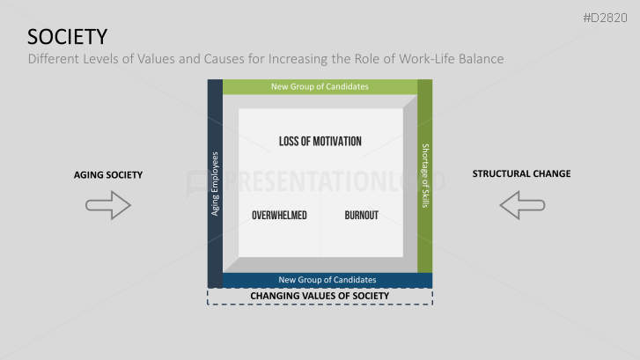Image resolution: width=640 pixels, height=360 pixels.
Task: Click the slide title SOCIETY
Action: click(68, 36)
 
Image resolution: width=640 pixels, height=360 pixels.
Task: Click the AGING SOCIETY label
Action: click(108, 174)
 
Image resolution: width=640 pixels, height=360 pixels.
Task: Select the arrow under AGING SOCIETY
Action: click(108, 206)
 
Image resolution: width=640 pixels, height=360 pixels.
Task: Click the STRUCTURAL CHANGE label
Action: click(521, 173)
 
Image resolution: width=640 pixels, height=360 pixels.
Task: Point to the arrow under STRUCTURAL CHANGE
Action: click(521, 206)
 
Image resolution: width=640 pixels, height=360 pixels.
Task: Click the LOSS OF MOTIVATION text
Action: click(320, 141)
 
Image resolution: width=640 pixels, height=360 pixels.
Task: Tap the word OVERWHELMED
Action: click(279, 215)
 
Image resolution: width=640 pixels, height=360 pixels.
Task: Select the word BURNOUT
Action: click(361, 215)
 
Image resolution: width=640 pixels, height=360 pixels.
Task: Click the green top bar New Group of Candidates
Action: click(320, 86)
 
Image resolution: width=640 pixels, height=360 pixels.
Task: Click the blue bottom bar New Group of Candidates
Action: click(327, 280)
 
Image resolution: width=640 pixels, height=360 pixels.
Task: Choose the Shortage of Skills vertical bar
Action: click(424, 176)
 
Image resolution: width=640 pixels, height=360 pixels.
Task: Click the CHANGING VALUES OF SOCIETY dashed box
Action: click(320, 296)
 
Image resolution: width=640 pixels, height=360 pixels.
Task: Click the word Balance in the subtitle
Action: click(478, 59)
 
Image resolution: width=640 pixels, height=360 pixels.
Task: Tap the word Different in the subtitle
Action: click(55, 59)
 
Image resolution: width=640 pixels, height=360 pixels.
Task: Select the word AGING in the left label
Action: click(87, 174)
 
